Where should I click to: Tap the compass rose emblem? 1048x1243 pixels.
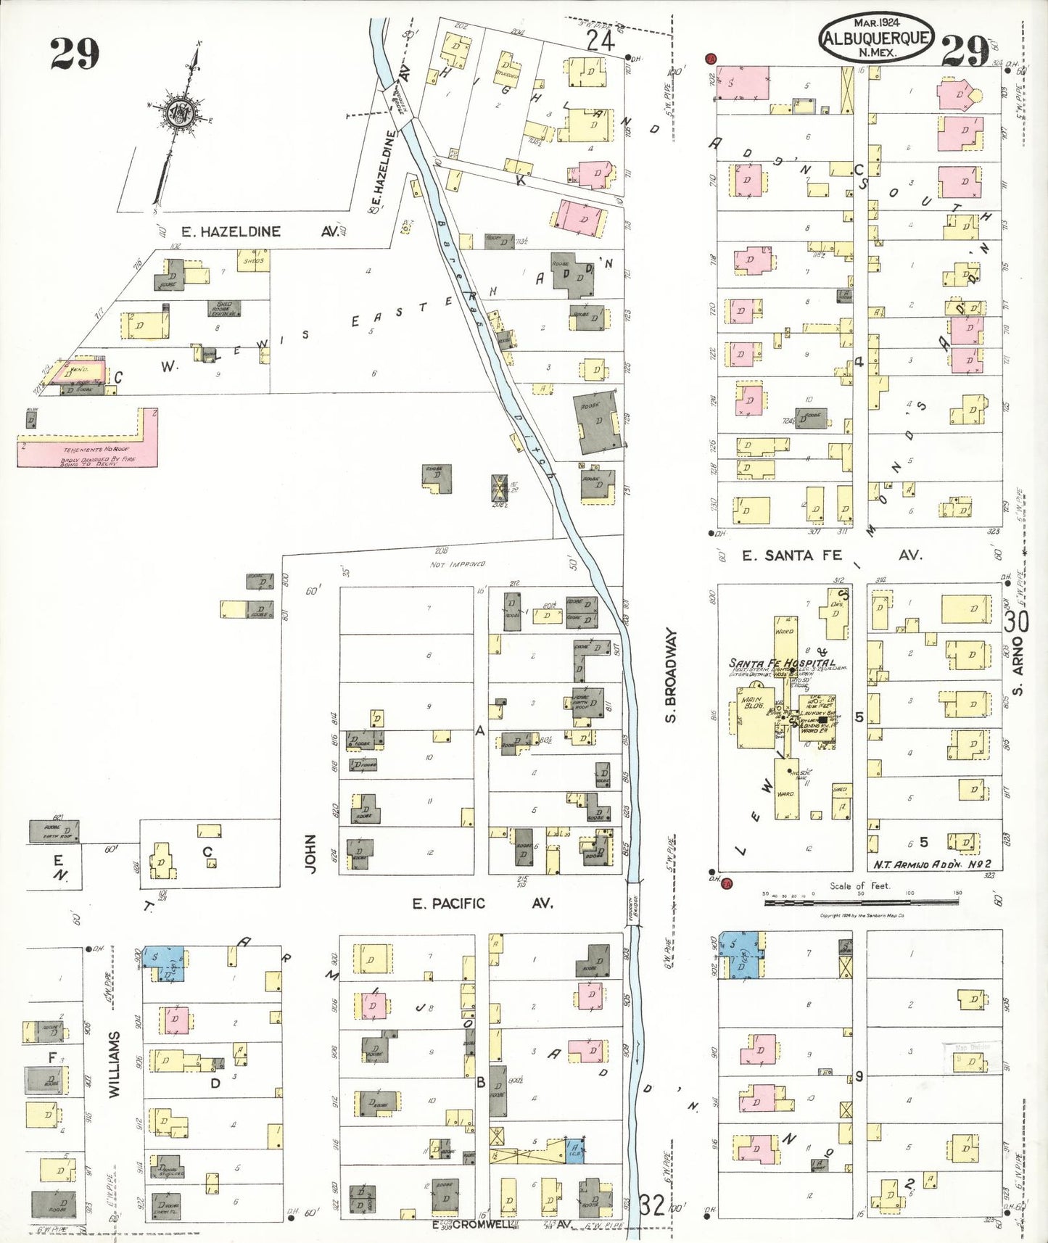click(178, 113)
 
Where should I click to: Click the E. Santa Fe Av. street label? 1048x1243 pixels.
click(831, 556)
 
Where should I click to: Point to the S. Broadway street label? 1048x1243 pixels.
click(671, 675)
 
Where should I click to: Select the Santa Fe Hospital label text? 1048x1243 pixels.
click(781, 663)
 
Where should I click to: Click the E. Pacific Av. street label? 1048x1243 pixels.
click(482, 904)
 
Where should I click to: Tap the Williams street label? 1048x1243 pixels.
click(115, 1064)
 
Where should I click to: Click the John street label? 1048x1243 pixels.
click(310, 854)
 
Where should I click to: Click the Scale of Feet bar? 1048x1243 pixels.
click(861, 901)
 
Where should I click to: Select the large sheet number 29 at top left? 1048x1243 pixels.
click(74, 54)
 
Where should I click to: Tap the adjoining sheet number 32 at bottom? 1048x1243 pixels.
click(652, 1206)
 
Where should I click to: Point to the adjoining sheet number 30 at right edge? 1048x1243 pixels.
click(1017, 621)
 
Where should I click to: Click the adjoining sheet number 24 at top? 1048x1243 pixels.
click(601, 41)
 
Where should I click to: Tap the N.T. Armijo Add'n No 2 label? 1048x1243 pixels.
click(936, 864)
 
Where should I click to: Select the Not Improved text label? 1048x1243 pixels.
click(457, 564)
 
